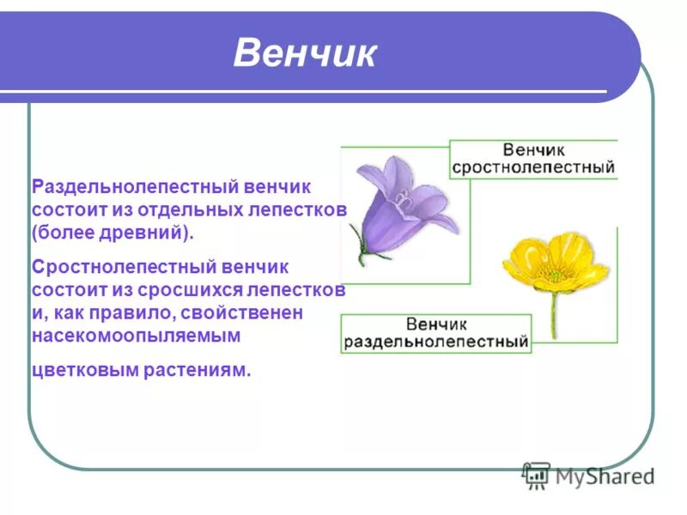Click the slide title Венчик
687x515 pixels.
[305, 54]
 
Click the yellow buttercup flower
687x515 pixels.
[554, 262]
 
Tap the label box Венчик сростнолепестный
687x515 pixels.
[533, 159]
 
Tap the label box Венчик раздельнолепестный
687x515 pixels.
[435, 333]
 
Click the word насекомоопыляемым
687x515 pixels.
[135, 336]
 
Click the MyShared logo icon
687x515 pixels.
[537, 475]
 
